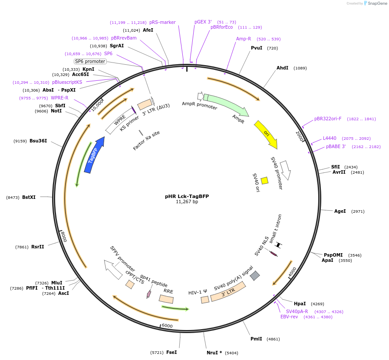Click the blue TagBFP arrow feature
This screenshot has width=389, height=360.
pyautogui.click(x=95, y=155)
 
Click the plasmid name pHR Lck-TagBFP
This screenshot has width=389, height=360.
pyautogui.click(x=187, y=196)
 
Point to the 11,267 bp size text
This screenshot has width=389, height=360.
pyautogui.click(x=187, y=202)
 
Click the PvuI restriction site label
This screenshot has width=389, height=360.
pyautogui.click(x=257, y=48)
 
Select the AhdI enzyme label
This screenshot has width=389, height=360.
pyautogui.click(x=282, y=68)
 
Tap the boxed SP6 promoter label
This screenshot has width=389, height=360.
pyautogui.click(x=90, y=62)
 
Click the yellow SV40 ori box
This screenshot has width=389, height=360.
pyautogui.click(x=264, y=180)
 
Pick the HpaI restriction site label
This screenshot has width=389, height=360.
pyautogui.click(x=300, y=304)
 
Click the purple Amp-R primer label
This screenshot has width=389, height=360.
pyautogui.click(x=244, y=39)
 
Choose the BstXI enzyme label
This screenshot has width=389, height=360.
pyautogui.click(x=29, y=197)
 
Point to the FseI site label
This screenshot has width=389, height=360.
pyautogui.click(x=171, y=352)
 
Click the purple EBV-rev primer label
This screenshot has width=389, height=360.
pyautogui.click(x=289, y=317)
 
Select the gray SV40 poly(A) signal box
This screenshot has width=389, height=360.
pyautogui.click(x=255, y=275)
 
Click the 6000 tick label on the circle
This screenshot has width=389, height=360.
pyautogui.click(x=167, y=326)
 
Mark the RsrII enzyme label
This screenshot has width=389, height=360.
pyautogui.click(x=38, y=247)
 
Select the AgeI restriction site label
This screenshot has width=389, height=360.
pyautogui.click(x=340, y=211)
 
